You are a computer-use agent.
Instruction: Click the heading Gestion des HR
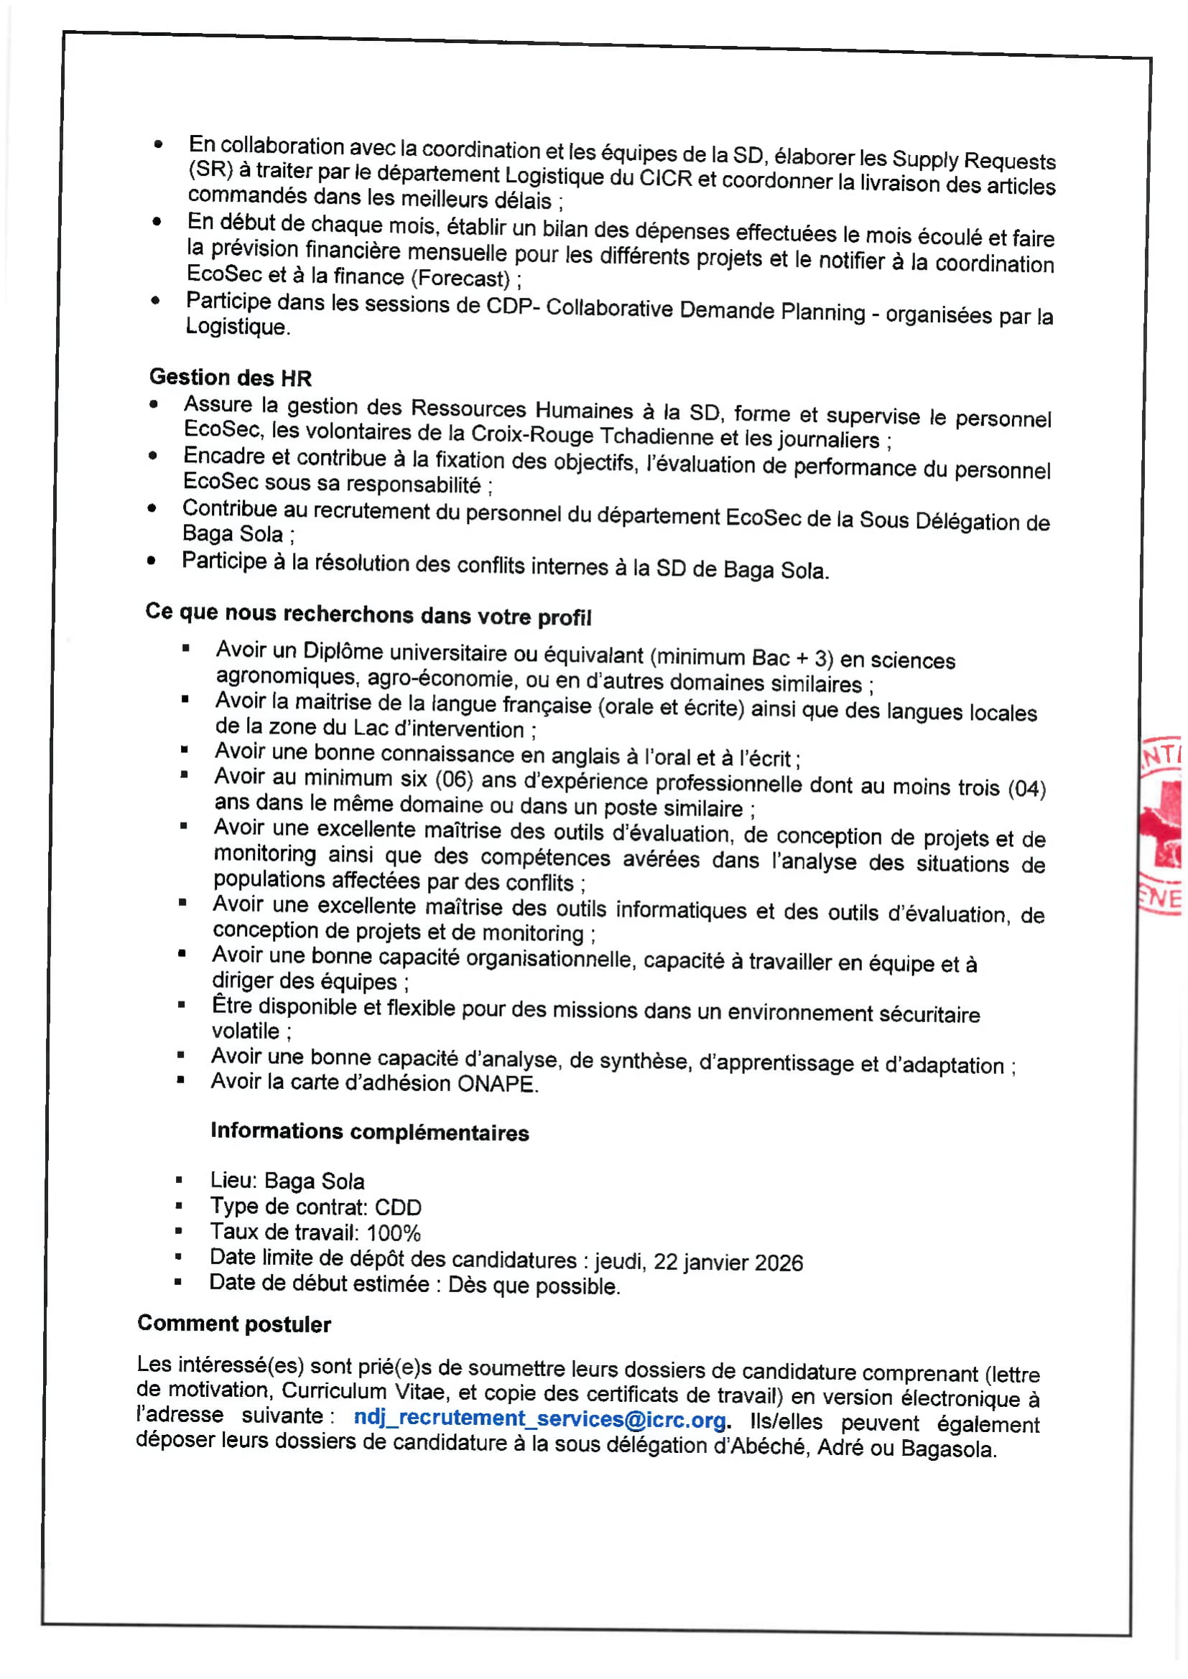coord(231,378)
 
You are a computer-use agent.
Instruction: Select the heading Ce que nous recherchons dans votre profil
coord(368,614)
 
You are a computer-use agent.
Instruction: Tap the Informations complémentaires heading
coord(369,1131)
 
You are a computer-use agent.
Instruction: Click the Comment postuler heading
coord(234,1324)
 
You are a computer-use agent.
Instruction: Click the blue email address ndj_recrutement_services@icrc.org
coord(540,1418)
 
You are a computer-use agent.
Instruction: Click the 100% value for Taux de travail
coord(394,1233)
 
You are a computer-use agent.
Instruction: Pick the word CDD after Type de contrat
coord(398,1207)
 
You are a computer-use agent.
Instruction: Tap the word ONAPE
coord(498,1084)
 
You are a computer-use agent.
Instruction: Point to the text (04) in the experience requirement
coord(1026,788)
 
